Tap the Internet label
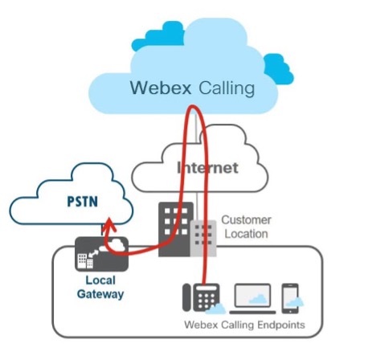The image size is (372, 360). point(207,168)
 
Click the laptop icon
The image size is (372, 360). point(251,297)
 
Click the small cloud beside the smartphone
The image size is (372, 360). point(298,302)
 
